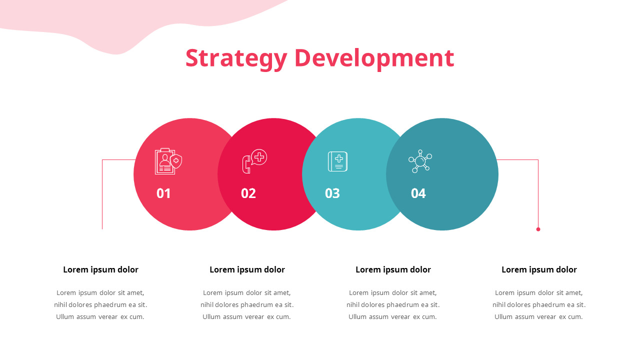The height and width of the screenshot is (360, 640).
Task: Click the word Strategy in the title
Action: [236, 58]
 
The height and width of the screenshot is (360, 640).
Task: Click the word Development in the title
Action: [374, 58]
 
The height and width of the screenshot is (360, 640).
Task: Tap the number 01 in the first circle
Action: [163, 193]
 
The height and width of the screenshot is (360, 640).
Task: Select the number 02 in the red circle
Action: [248, 193]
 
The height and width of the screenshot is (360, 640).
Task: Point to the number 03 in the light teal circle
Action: [332, 193]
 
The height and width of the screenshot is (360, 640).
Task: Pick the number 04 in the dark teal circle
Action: [418, 193]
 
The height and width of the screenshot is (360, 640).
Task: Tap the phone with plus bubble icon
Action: [254, 161]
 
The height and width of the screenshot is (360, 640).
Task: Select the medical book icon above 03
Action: [337, 161]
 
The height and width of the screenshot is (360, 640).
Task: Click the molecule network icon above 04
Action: [420, 161]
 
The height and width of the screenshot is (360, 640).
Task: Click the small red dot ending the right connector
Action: [538, 229]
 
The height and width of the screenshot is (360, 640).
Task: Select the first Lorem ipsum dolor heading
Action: [100, 270]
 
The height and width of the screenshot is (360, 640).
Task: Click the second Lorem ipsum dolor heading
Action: [247, 270]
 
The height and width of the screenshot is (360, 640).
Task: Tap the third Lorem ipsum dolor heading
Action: [393, 270]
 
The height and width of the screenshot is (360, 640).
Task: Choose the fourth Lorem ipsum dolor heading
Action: [539, 270]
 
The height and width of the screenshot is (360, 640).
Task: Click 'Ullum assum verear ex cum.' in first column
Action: [100, 317]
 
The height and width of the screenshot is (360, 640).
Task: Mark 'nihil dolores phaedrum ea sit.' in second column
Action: [247, 305]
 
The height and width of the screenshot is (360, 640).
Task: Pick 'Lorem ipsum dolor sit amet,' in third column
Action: [393, 293]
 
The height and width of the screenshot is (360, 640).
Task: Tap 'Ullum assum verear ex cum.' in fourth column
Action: [538, 317]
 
